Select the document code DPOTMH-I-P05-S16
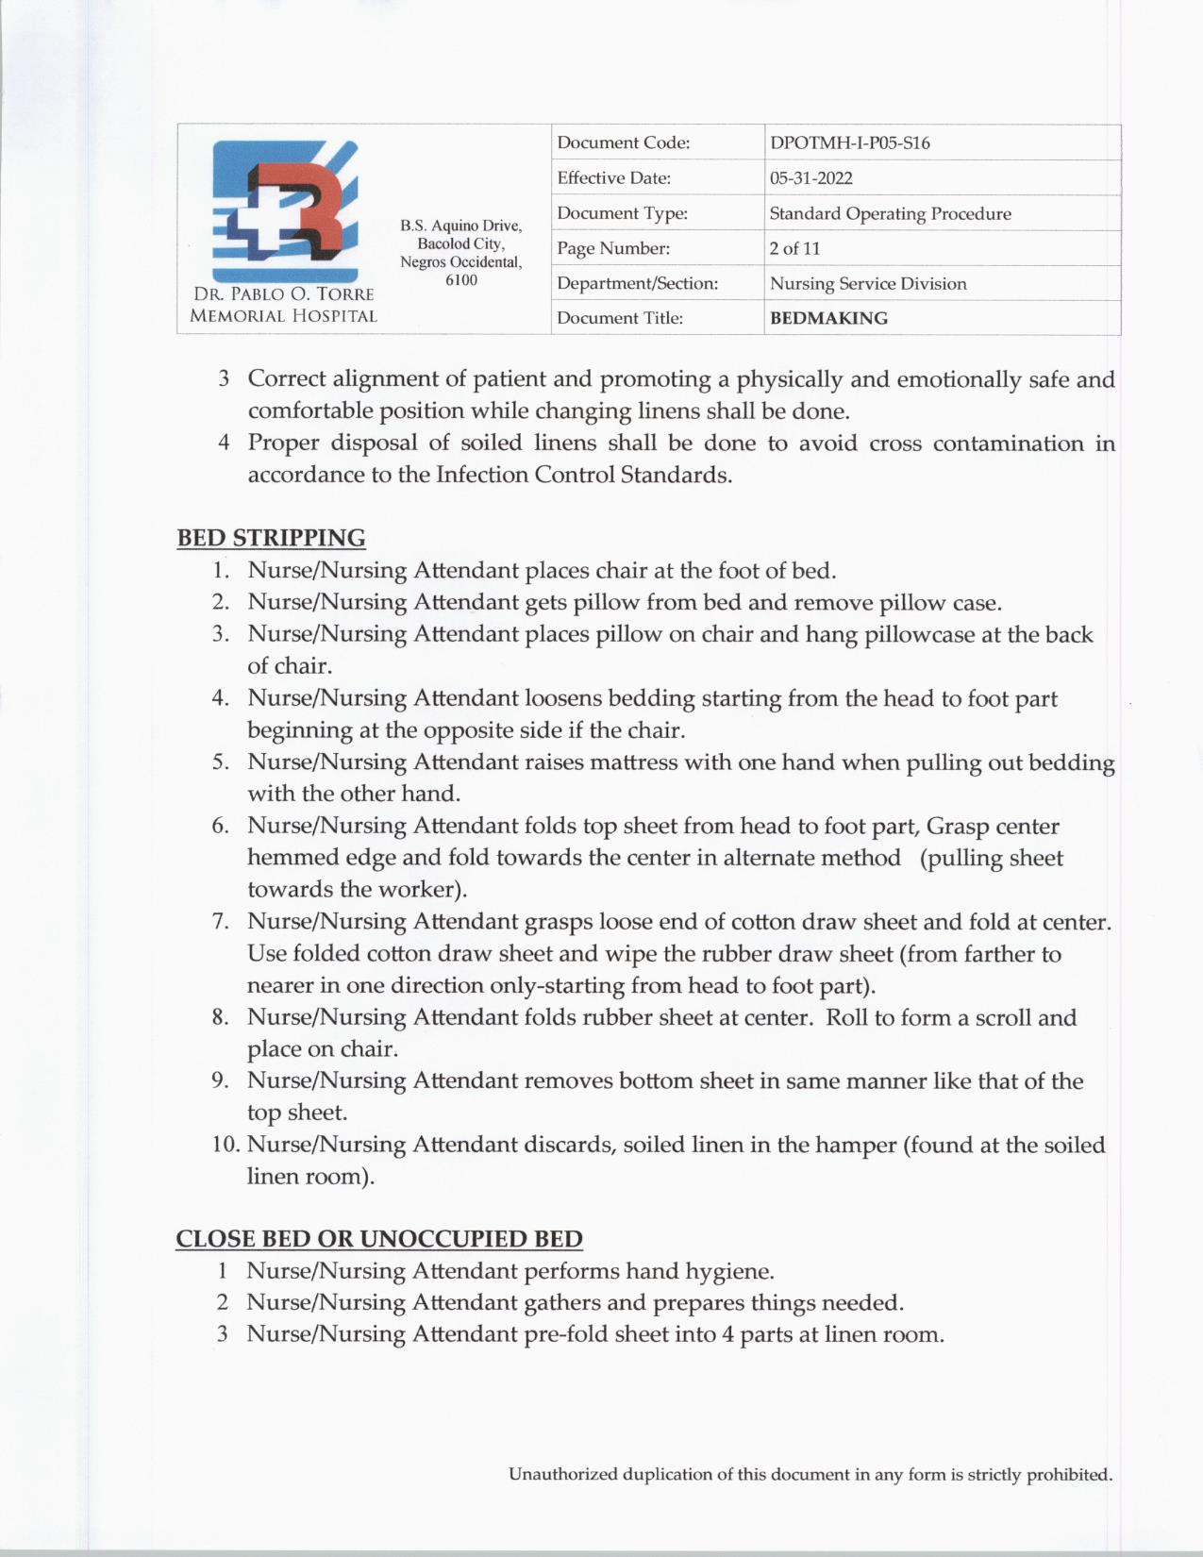tap(849, 143)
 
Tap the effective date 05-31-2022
tap(810, 178)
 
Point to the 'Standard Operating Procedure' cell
tap(890, 213)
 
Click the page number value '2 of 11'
tap(794, 248)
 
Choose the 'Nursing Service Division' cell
tap(867, 283)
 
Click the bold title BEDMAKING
tap(828, 318)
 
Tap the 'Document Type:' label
tap(622, 213)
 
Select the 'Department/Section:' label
tap(637, 283)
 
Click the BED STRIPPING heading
tap(271, 538)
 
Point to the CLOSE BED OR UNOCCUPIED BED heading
tap(378, 1238)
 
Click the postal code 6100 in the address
tap(460, 280)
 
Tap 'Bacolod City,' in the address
tap(460, 243)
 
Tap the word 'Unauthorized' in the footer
tap(563, 1474)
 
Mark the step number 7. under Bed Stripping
tap(222, 921)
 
